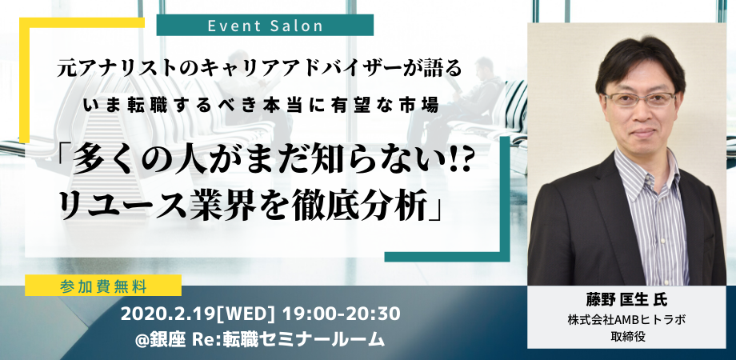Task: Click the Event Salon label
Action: tap(266, 26)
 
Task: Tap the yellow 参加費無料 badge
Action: tap(103, 286)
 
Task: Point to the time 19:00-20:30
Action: tap(341, 314)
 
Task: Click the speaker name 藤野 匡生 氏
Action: tap(626, 299)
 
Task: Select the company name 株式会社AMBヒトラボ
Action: tap(627, 320)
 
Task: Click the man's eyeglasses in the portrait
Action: tap(639, 99)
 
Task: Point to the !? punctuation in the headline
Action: tap(458, 161)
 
